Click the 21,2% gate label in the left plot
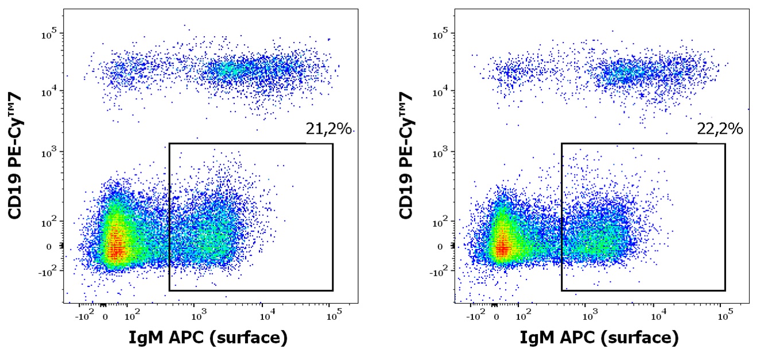click(328, 130)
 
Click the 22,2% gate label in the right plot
click(720, 130)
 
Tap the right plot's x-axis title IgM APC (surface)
click(599, 338)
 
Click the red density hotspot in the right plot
click(503, 248)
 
